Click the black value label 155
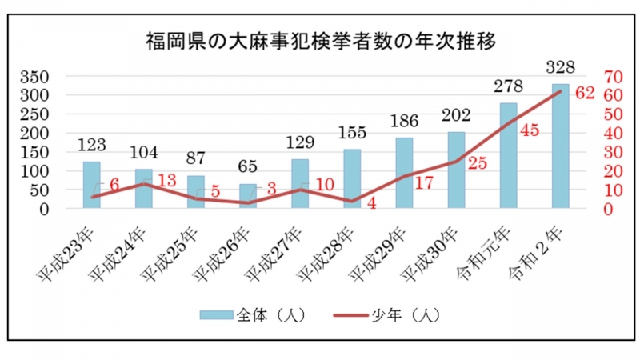click(352, 132)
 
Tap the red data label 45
click(531, 130)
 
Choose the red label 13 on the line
click(167, 181)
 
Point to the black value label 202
click(456, 114)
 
